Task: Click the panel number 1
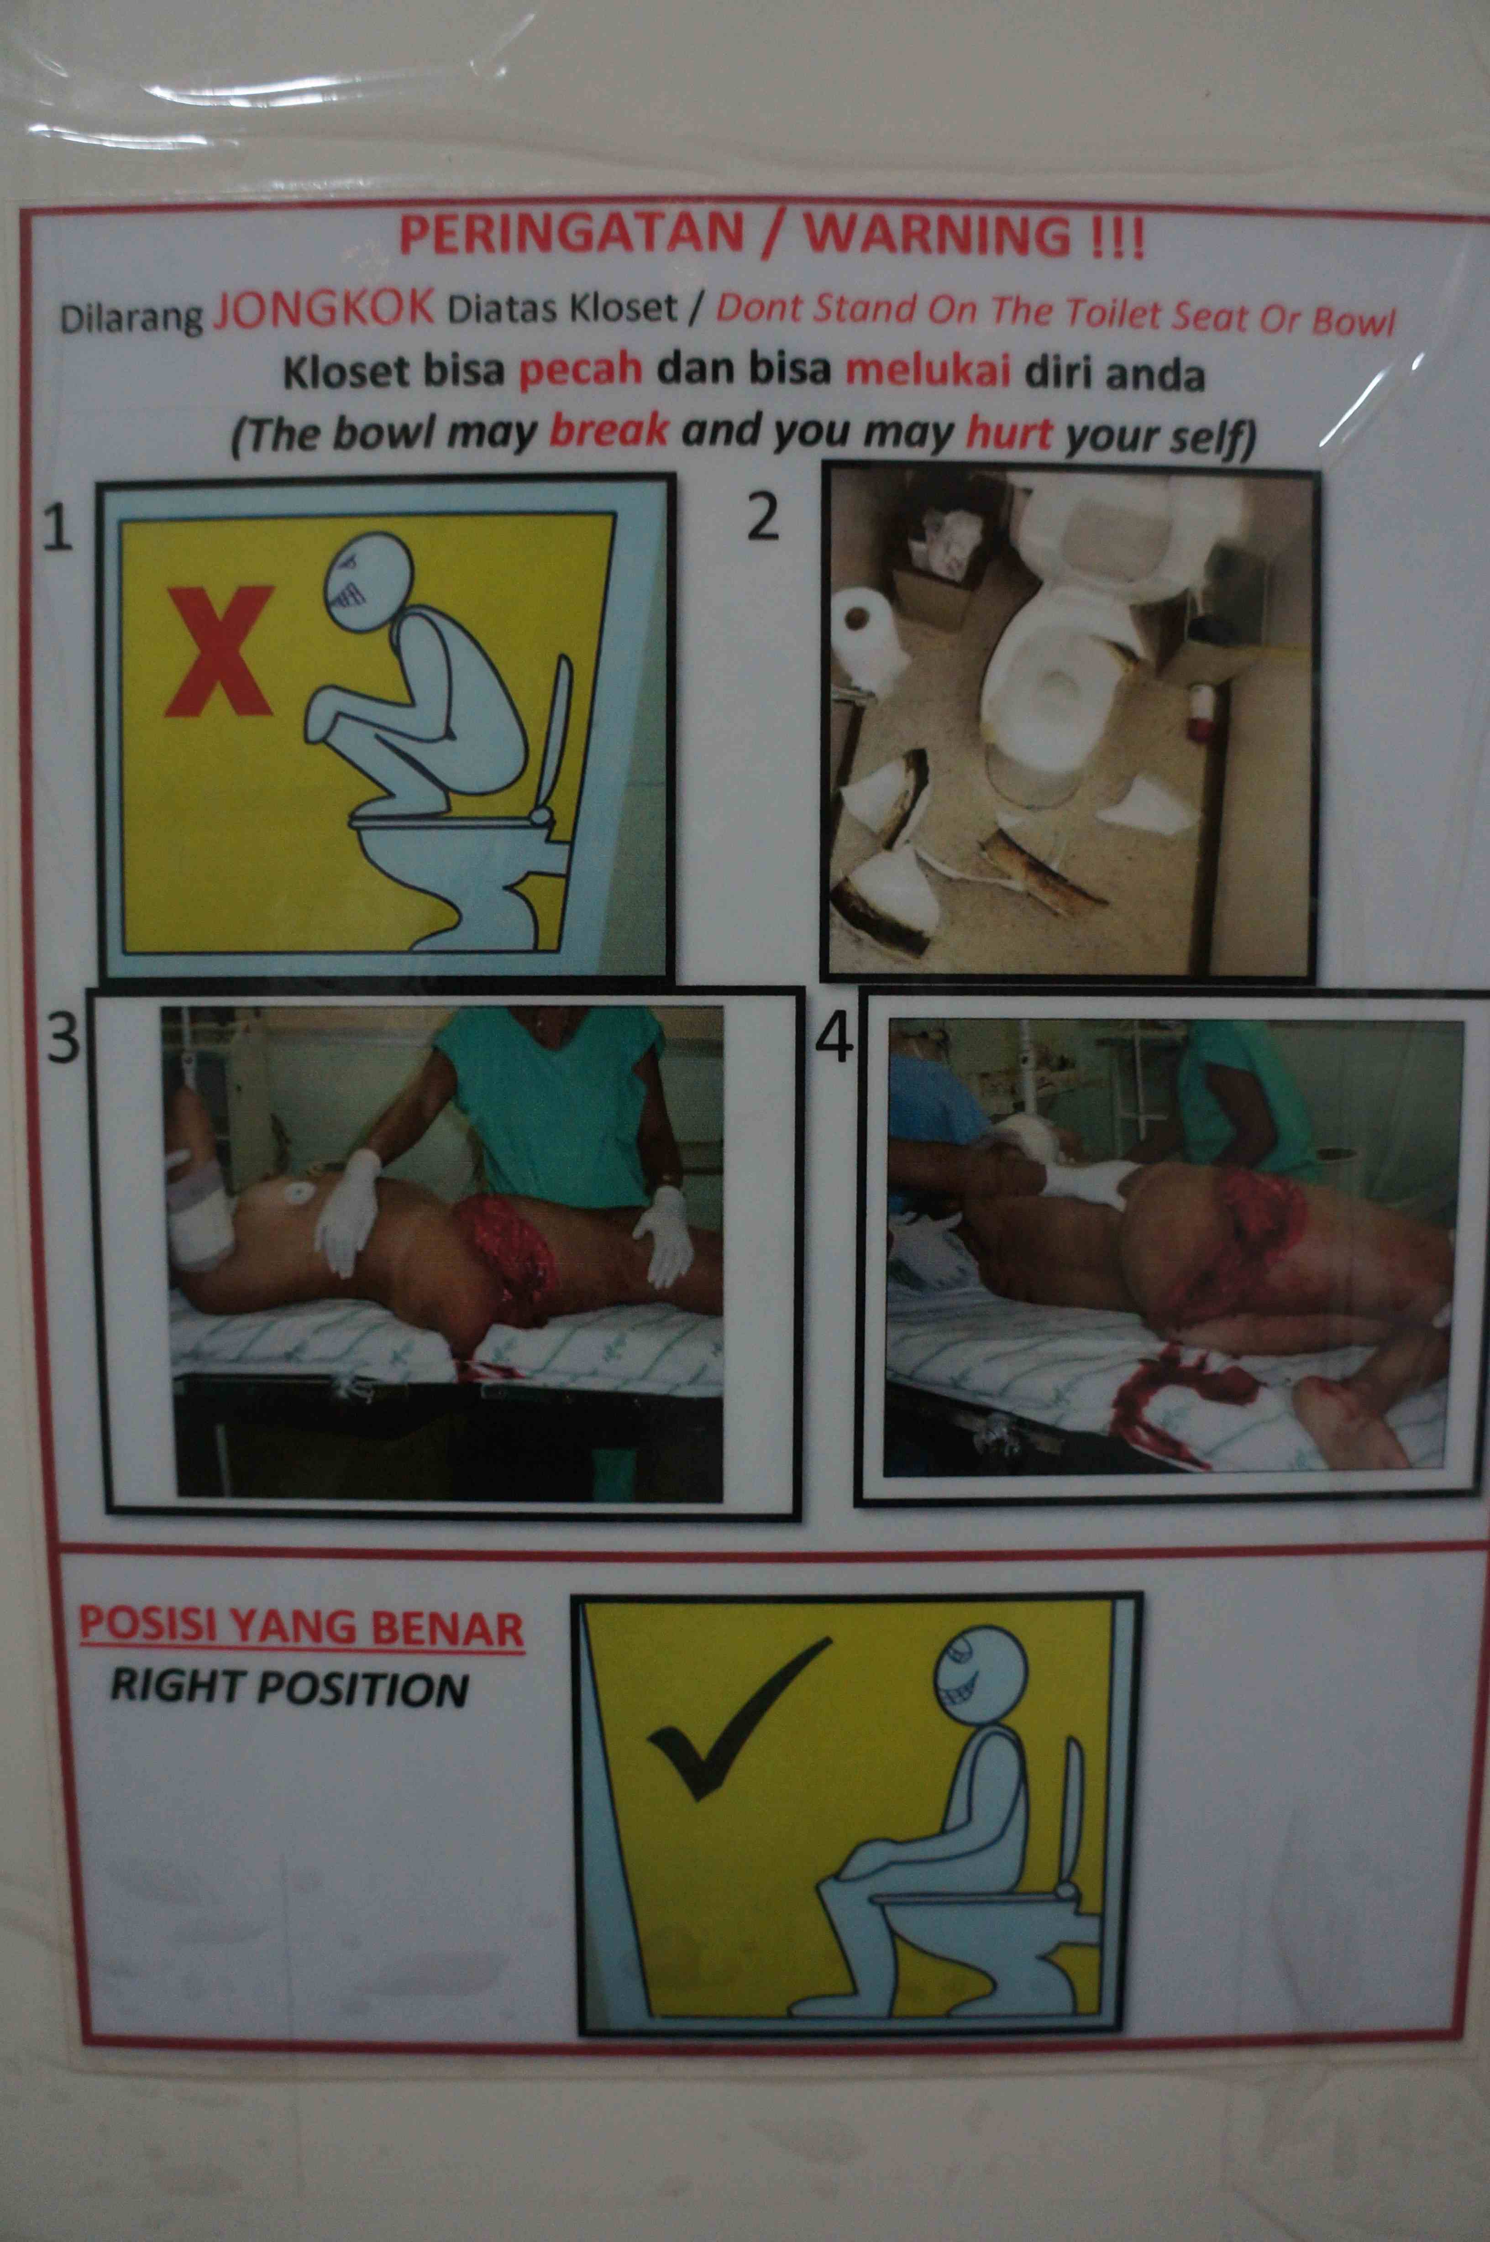(x=58, y=529)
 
